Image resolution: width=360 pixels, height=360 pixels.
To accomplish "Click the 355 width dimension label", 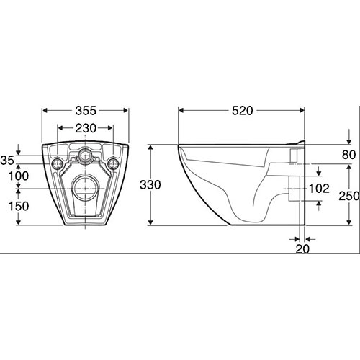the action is pos(86,111).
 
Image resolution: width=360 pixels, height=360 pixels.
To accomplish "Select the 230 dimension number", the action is pos(86,128).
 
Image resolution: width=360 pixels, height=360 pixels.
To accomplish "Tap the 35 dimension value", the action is pos(7,161).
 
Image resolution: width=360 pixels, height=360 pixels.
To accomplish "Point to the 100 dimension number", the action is pos(19,176).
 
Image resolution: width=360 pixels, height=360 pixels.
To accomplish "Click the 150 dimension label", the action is pos(19,207).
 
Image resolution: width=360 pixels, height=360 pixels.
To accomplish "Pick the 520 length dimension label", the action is pos(243,111).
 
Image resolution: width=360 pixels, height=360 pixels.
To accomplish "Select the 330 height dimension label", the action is pos(150,185).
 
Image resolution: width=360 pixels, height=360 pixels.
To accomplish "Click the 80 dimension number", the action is pos(348,155).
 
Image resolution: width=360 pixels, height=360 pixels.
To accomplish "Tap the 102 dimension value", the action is pos(319,189).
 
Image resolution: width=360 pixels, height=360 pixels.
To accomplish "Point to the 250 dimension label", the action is pos(349,197).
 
